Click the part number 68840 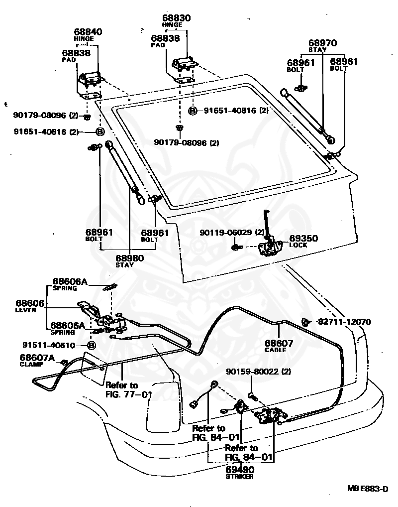click(x=88, y=32)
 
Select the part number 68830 click(x=177, y=18)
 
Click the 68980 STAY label click(x=129, y=261)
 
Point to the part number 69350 click(x=303, y=238)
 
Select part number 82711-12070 click(x=344, y=322)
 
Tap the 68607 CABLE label click(x=279, y=346)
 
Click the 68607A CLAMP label click(x=37, y=360)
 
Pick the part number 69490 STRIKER click(x=240, y=473)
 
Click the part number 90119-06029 click(x=228, y=232)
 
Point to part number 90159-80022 click(x=254, y=372)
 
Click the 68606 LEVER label click(x=30, y=306)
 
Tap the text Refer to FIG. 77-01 click(x=128, y=389)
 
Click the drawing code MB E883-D click(x=368, y=488)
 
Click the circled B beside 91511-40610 click(x=92, y=345)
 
